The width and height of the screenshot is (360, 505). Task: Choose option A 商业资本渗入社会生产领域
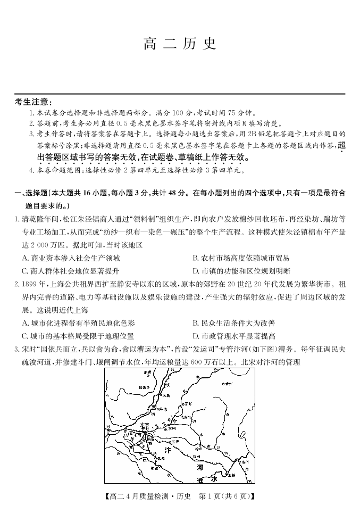tap(71, 258)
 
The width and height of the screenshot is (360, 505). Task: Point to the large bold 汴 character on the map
tap(167, 450)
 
